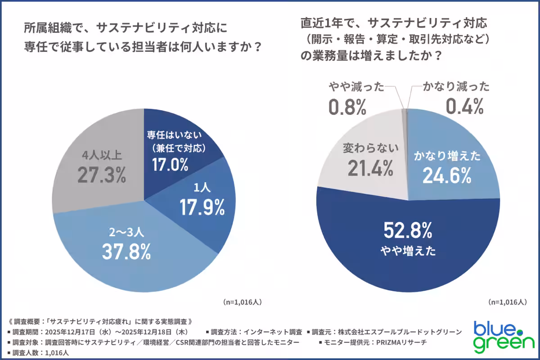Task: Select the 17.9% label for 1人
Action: click(x=202, y=207)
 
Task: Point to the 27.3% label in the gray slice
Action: click(x=101, y=176)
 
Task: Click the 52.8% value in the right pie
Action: click(x=408, y=231)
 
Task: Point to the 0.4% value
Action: click(x=464, y=107)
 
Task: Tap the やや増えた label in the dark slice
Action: click(x=408, y=252)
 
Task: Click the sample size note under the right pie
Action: click(x=507, y=302)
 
